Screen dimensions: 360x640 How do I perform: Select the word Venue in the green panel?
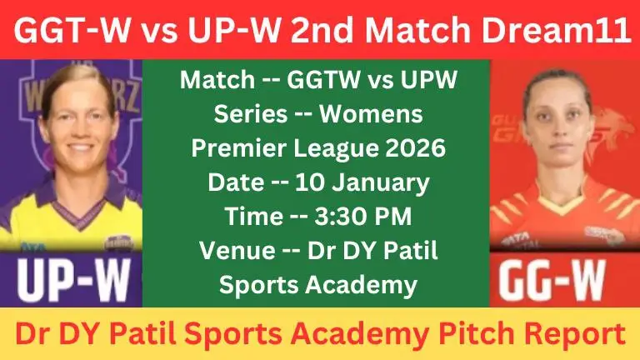[x=229, y=250]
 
